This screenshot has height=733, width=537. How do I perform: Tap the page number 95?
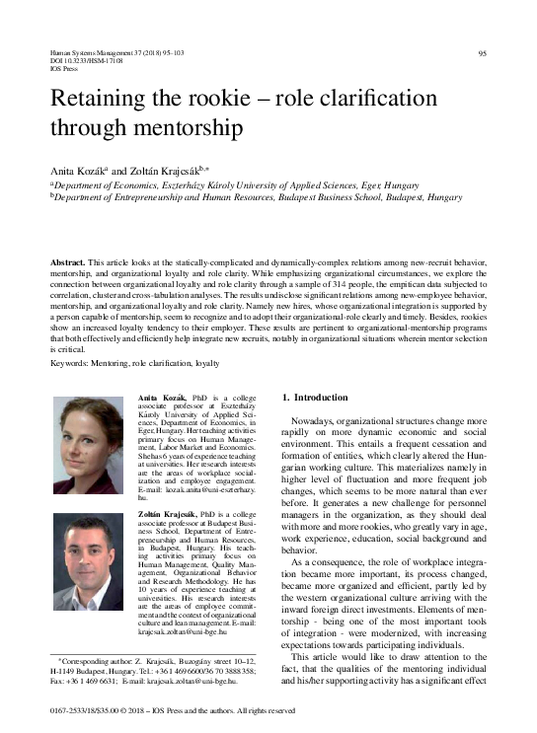(483, 53)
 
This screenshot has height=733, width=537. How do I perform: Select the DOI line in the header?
(81, 61)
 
